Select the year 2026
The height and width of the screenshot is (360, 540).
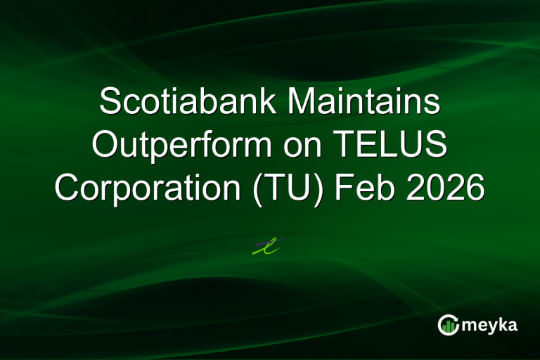click(x=445, y=189)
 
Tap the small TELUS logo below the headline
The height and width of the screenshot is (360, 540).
click(x=269, y=246)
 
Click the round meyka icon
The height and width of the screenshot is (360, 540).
click(x=448, y=324)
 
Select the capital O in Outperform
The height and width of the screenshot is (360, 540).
click(x=106, y=146)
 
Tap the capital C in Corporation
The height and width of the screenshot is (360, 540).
click(x=69, y=189)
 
